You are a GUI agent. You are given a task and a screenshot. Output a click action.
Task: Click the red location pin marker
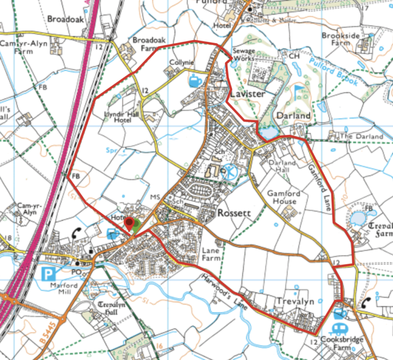point(129,223)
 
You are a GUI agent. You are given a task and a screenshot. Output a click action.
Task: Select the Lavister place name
point(247,95)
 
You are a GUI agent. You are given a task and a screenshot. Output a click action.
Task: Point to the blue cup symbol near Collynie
point(195,80)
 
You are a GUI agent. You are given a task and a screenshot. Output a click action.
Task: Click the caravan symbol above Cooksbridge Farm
point(337,328)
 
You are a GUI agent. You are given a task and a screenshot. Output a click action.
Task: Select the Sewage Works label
point(243,55)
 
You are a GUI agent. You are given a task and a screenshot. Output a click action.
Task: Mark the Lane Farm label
point(211,255)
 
